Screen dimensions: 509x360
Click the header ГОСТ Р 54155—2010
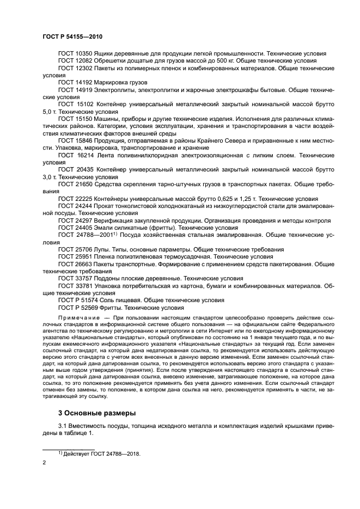72,36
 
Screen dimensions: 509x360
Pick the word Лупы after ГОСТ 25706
103,249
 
